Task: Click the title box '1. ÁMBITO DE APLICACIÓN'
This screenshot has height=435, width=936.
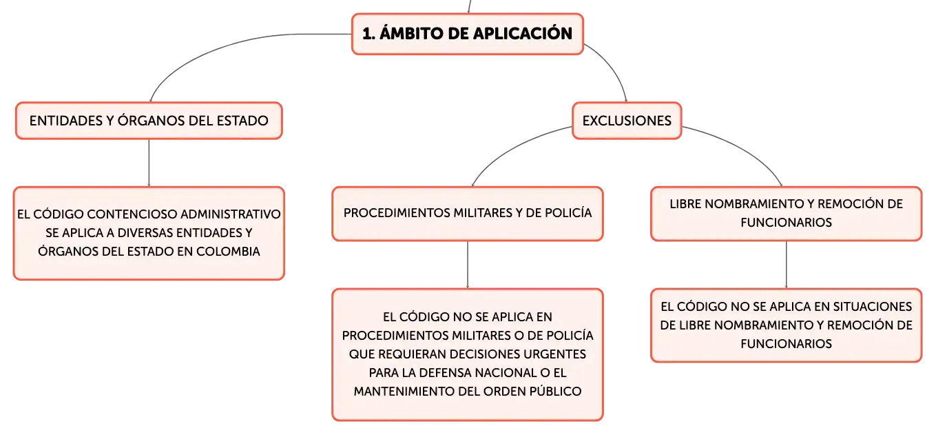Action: pyautogui.click(x=467, y=34)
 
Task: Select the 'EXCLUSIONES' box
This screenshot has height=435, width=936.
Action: pyautogui.click(x=627, y=121)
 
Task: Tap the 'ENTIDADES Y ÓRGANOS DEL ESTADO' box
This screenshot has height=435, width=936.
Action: pyautogui.click(x=149, y=121)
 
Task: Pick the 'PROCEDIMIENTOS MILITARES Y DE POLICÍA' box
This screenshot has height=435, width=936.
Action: pyautogui.click(x=468, y=213)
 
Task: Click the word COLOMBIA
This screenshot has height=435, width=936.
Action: pyautogui.click(x=228, y=252)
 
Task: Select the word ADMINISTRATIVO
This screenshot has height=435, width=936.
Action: pyautogui.click(x=231, y=214)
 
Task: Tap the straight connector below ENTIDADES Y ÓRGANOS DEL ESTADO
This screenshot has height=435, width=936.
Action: pyautogui.click(x=149, y=163)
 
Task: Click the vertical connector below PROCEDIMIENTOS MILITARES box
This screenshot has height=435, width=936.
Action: pyautogui.click(x=468, y=265)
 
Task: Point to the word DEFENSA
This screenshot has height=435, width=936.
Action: pyautogui.click(x=445, y=373)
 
